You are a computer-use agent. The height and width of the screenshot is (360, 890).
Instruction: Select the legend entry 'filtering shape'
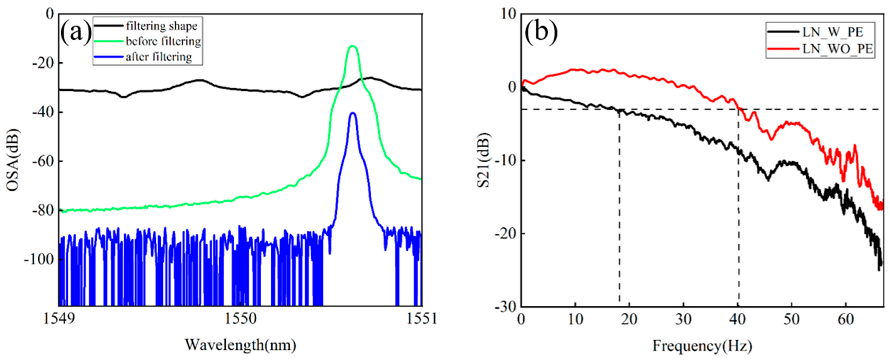161,26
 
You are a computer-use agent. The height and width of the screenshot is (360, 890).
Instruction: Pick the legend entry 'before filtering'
163,41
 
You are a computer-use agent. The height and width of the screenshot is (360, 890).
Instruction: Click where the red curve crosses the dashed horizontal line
739,109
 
